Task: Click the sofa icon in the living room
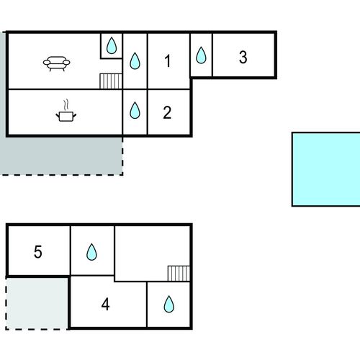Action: click(x=57, y=63)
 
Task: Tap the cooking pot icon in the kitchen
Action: click(x=66, y=117)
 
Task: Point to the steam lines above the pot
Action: click(x=66, y=104)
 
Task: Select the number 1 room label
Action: click(x=168, y=61)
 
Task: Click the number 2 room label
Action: click(x=167, y=112)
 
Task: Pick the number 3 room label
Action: click(x=243, y=58)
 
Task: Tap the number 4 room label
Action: click(x=105, y=305)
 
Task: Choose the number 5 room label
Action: click(x=38, y=252)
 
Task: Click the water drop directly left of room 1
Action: click(x=135, y=61)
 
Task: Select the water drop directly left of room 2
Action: click(x=135, y=110)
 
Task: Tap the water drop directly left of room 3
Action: click(x=201, y=55)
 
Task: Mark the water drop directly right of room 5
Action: click(x=91, y=252)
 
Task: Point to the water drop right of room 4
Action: click(x=169, y=304)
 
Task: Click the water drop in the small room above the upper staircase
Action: click(x=112, y=45)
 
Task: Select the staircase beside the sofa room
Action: click(x=111, y=81)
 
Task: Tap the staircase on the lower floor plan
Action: click(x=179, y=274)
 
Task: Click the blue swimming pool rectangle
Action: click(x=326, y=169)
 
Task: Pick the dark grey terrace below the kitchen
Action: click(x=61, y=156)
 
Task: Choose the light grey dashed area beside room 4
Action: click(x=37, y=304)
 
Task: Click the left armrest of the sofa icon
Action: click(x=46, y=63)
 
